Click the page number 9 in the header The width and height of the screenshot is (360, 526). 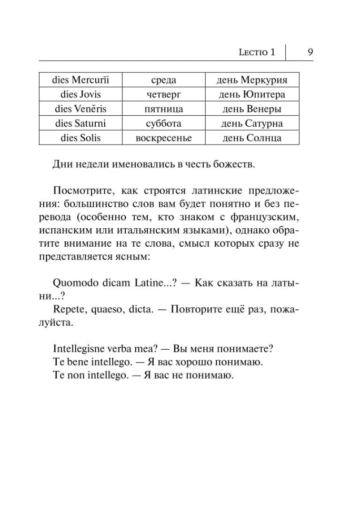(x=310, y=52)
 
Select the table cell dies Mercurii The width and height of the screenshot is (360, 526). (x=81, y=80)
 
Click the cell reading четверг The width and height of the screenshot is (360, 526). (x=163, y=95)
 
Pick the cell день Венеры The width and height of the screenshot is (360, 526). (x=252, y=109)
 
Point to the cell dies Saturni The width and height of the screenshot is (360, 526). (x=81, y=124)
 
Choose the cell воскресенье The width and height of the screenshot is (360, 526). (x=163, y=138)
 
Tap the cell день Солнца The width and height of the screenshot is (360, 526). (x=252, y=138)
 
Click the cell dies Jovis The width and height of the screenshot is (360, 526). (x=81, y=95)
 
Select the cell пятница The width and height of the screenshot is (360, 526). (x=163, y=109)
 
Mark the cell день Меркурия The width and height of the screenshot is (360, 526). (x=252, y=80)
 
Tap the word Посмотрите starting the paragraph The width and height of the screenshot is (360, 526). (x=81, y=189)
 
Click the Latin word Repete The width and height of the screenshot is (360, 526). (x=69, y=309)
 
